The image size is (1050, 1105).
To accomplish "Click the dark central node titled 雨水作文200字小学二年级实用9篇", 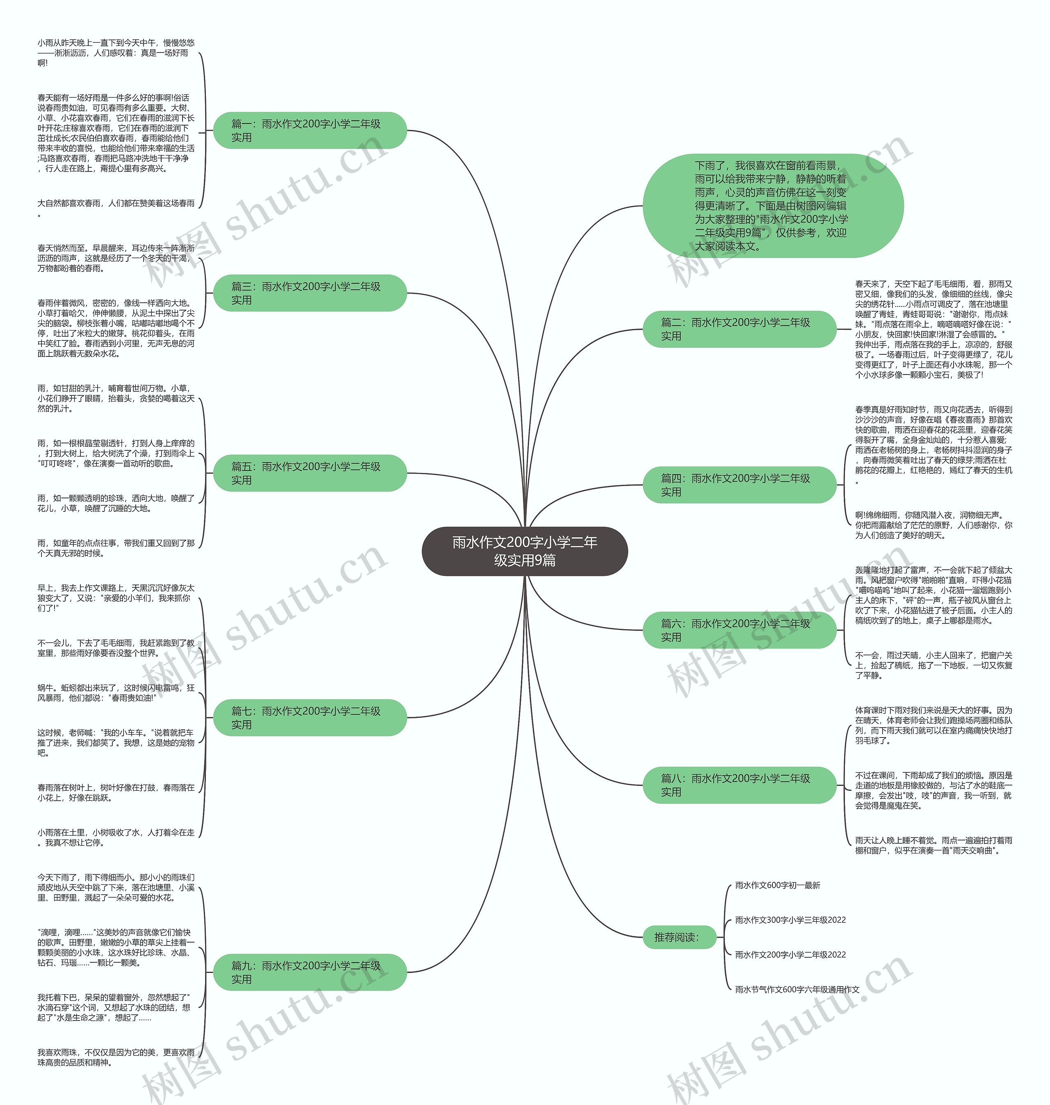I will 525,551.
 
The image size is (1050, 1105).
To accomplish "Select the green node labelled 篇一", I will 310,130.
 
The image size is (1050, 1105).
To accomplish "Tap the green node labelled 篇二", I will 739,329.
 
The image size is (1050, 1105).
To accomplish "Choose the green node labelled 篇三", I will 310,293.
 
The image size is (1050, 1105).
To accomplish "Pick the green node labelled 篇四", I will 739,485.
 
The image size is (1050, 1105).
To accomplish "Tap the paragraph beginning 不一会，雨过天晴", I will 933,665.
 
